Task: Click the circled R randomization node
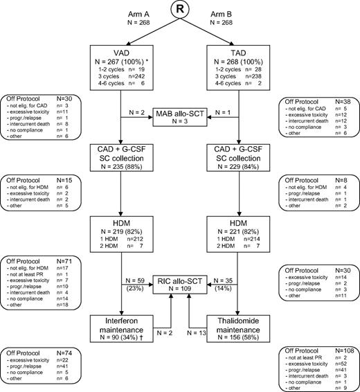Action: [179, 12]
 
